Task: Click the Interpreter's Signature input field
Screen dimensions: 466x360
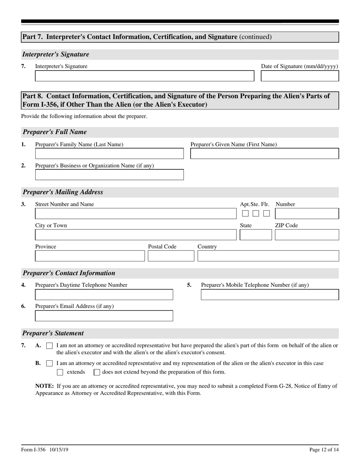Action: [144, 76]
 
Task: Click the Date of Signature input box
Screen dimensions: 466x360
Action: [300, 76]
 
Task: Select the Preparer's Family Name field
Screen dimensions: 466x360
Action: [109, 153]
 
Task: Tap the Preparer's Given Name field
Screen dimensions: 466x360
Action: [264, 153]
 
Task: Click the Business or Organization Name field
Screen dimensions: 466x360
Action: [109, 175]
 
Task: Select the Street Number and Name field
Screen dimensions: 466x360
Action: [136, 214]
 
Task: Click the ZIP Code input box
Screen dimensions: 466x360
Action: [307, 235]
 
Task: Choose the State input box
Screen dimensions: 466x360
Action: [255, 235]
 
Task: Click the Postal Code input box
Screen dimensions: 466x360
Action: [171, 256]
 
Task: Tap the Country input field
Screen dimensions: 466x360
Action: [268, 256]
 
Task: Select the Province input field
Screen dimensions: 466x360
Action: [90, 256]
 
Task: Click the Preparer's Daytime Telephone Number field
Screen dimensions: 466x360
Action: [104, 294]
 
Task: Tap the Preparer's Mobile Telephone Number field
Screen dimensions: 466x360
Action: [269, 294]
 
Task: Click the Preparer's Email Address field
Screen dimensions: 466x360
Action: [104, 316]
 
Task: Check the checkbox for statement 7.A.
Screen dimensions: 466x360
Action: [49, 346]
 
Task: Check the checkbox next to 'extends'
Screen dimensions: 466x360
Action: [60, 372]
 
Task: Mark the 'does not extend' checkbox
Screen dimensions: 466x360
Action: [97, 372]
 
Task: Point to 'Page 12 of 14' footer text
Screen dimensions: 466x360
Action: [324, 450]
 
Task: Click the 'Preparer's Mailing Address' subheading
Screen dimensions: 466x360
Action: [63, 192]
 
